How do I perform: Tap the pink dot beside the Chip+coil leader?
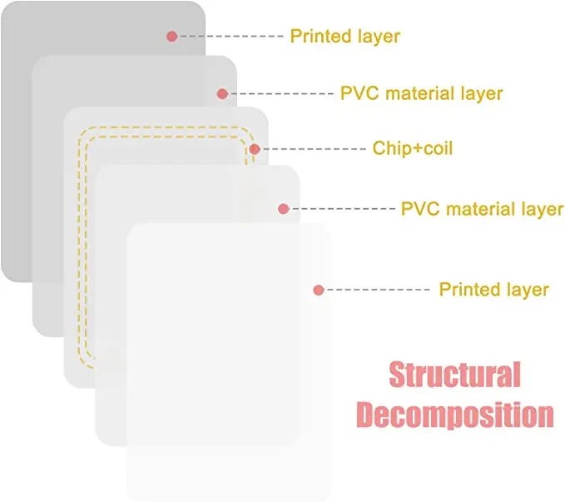coord(255,150)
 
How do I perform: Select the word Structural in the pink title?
coord(454,375)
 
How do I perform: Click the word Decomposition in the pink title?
coord(454,414)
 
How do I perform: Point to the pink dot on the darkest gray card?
coord(171,36)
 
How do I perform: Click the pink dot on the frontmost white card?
coord(318,290)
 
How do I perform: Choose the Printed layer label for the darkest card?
coord(344,36)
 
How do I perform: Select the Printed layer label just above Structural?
coord(493,290)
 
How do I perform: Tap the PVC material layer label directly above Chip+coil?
coord(421,92)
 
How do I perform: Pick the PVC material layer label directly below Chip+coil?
coord(482,208)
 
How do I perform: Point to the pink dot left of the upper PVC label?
coord(222,93)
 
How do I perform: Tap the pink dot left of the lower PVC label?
coord(283,208)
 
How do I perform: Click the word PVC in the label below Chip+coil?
coord(420,208)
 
